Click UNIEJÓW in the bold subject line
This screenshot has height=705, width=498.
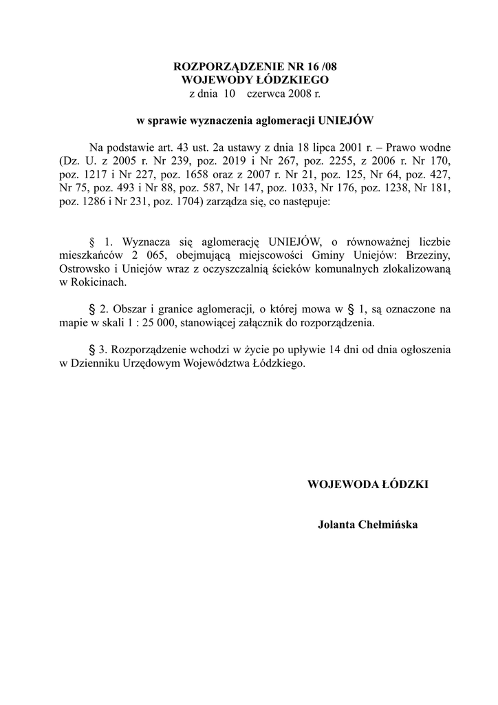[x=347, y=120]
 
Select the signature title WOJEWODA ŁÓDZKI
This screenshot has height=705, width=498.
[x=368, y=484]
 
